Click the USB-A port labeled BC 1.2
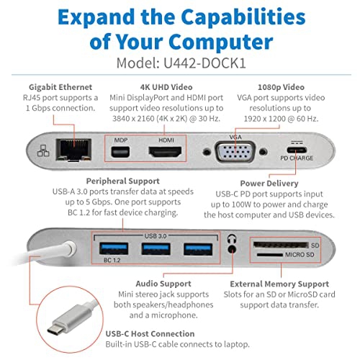pyautogui.click(x=114, y=250)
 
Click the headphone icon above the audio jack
pyautogui.click(x=232, y=238)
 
